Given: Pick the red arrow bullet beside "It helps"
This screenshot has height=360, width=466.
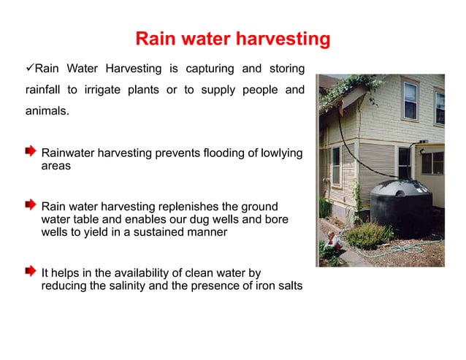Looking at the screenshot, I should coord(30,271).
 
